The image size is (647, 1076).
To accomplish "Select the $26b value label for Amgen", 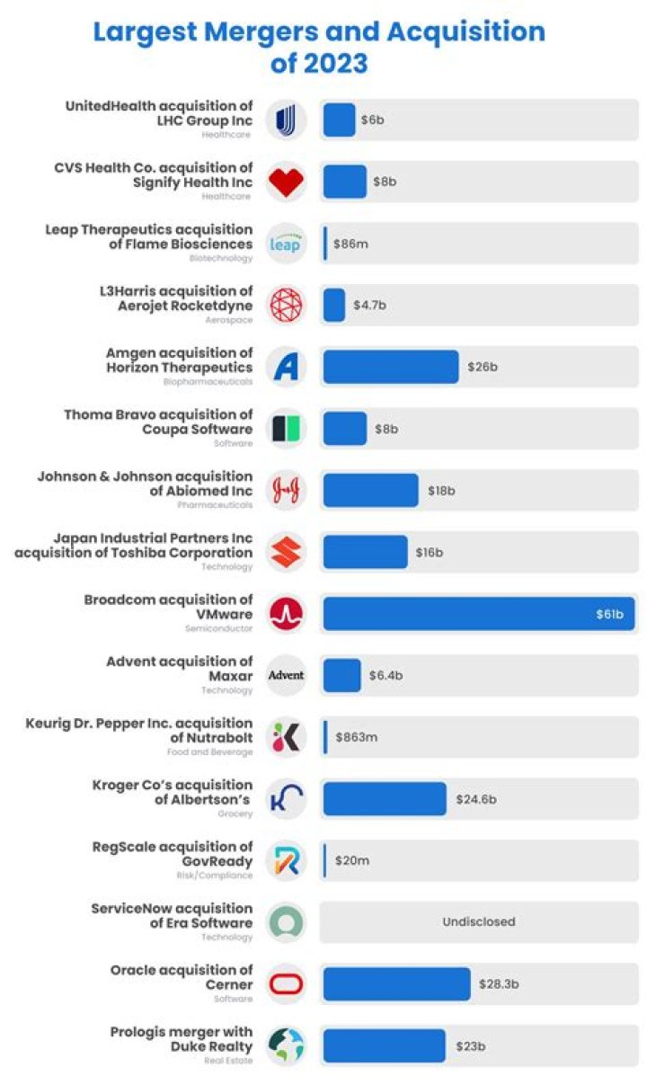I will point(483,367).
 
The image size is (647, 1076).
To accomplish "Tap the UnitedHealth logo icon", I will point(286,120).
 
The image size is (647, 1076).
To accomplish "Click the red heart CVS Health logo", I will point(286,182).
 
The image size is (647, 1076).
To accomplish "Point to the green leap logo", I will point(286,244).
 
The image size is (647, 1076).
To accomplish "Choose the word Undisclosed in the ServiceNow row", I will point(478,921).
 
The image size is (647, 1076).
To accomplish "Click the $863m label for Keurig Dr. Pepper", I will point(356,737).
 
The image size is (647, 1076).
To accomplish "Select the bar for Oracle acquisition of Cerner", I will point(396,983).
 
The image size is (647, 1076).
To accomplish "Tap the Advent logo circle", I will point(286,675).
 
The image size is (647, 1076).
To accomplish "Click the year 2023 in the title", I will point(319,64).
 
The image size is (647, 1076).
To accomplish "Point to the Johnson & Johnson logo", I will point(286,491).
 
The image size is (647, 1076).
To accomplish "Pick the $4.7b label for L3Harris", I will point(369,306).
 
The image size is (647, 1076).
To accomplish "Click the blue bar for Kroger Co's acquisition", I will point(384,798).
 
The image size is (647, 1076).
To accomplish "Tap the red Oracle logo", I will point(286,984).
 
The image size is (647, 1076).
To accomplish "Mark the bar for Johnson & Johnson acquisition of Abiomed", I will point(370,491).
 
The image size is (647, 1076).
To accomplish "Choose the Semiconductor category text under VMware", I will point(219,629).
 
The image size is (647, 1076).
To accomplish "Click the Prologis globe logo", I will point(286,1045).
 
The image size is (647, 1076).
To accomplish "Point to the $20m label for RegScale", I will point(351,860).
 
